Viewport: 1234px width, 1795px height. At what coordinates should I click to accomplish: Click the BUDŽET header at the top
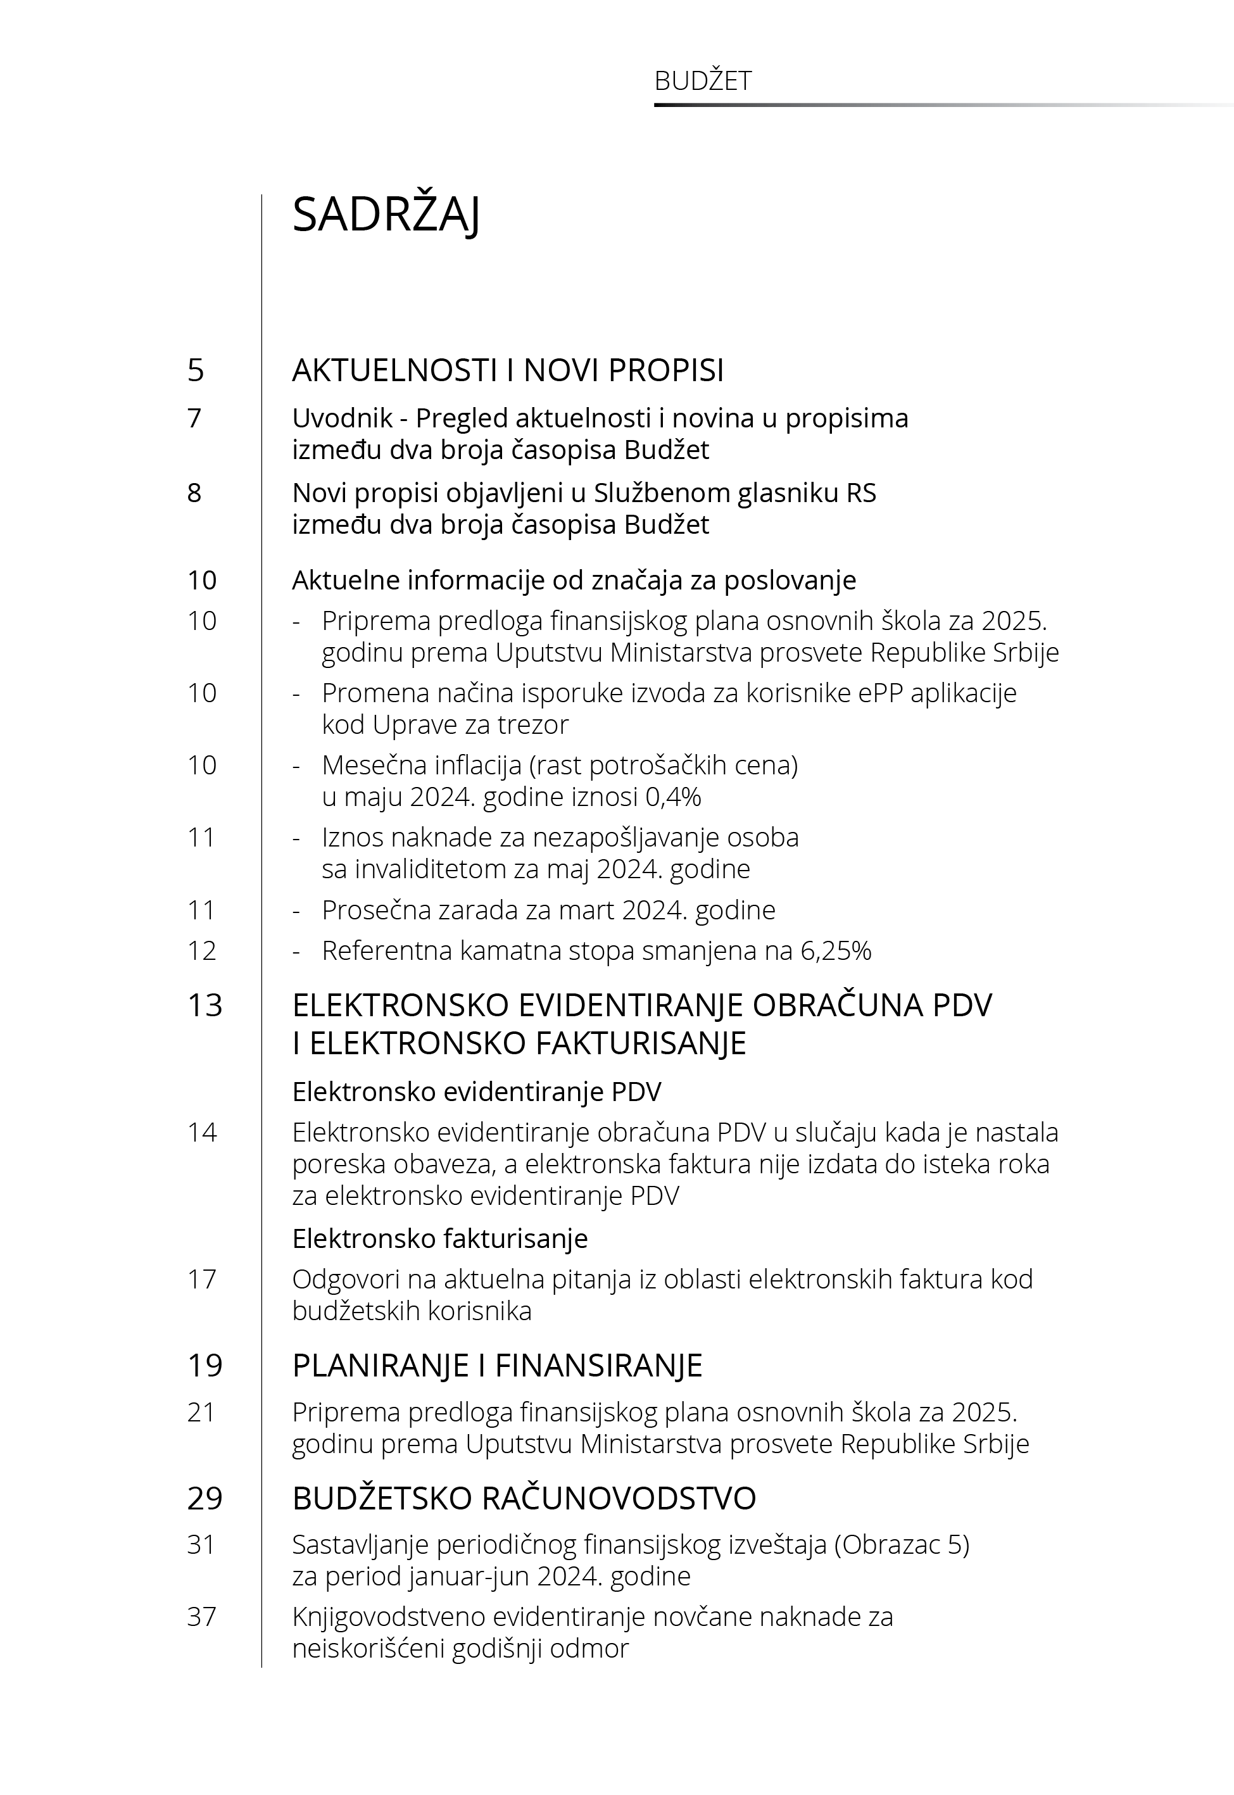click(702, 81)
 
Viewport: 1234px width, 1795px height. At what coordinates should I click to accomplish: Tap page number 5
click(196, 370)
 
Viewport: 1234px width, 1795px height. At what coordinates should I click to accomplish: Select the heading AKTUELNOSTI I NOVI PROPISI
click(507, 370)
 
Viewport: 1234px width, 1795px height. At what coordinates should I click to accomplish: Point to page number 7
click(194, 419)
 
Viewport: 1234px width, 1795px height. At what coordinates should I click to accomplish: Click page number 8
click(194, 493)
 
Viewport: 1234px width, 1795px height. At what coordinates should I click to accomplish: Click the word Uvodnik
click(343, 419)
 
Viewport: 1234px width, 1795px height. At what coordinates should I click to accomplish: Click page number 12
click(202, 951)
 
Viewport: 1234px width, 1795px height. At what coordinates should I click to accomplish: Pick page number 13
click(205, 1005)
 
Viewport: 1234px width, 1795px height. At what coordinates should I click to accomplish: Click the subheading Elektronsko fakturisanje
click(439, 1238)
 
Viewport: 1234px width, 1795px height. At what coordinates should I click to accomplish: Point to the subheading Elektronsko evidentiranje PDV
click(476, 1092)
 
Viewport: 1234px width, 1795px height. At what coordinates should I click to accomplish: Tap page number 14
click(202, 1133)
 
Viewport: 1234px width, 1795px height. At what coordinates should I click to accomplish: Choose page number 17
click(202, 1280)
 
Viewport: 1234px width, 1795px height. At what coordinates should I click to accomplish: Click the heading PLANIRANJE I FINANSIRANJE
click(496, 1366)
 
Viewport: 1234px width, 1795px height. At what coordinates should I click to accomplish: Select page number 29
click(205, 1498)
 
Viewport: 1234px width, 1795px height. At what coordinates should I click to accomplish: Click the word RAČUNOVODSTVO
click(619, 1498)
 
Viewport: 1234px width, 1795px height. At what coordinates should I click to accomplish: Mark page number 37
click(202, 1616)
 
